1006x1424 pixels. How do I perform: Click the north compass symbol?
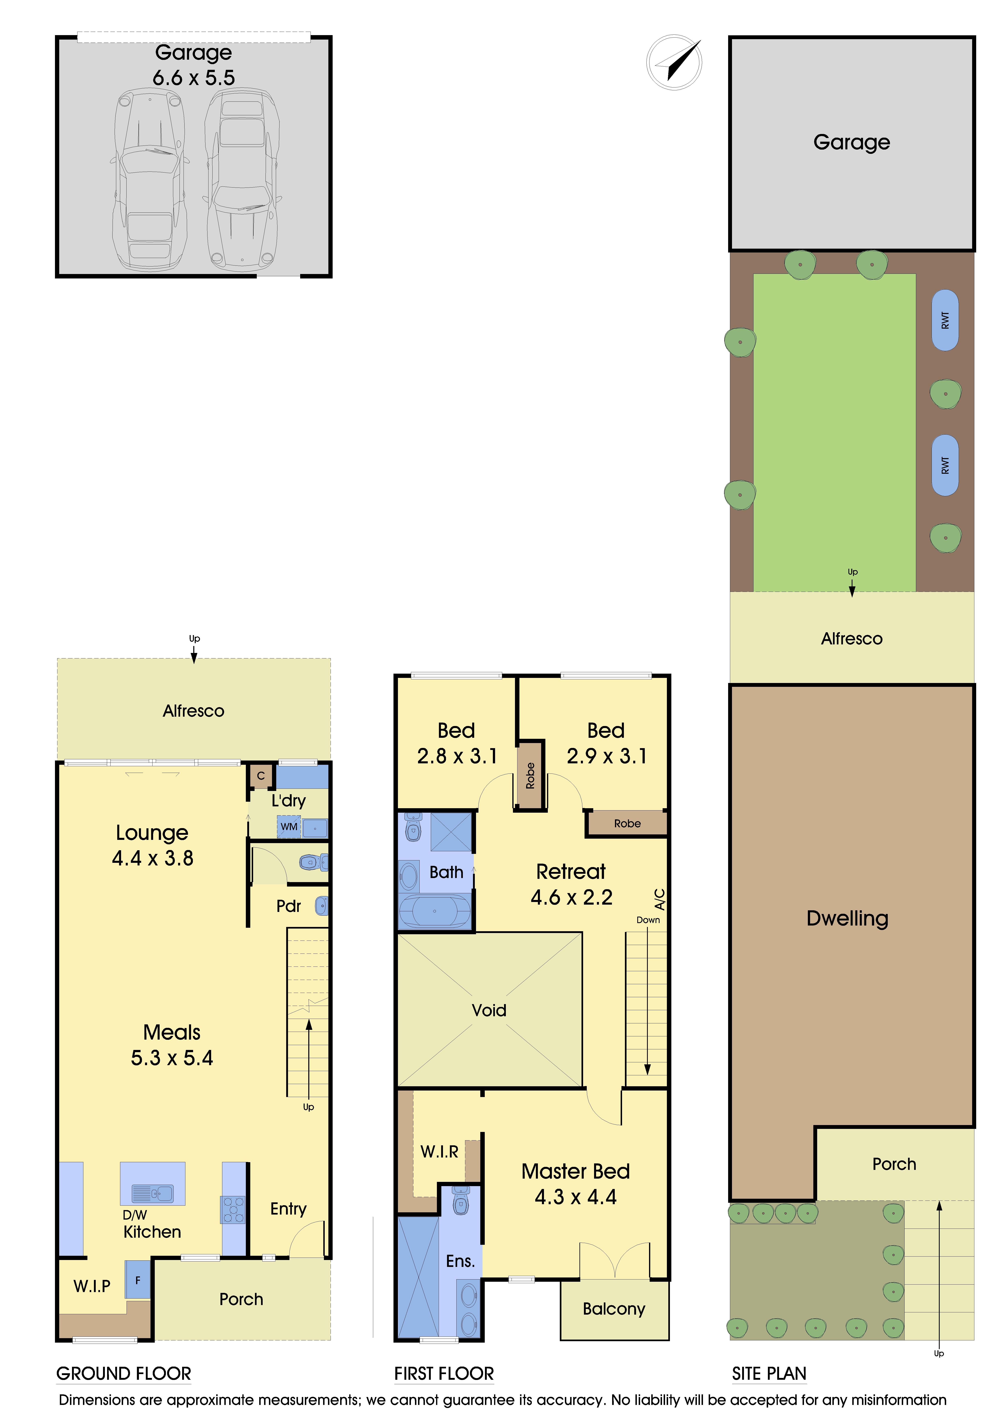pyautogui.click(x=674, y=62)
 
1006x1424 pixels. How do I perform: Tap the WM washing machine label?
pyautogui.click(x=289, y=827)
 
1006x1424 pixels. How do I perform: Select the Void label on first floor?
pyautogui.click(x=489, y=1010)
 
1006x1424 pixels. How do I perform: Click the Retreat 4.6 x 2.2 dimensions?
pyautogui.click(x=572, y=898)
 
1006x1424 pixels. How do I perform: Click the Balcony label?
pyautogui.click(x=614, y=1309)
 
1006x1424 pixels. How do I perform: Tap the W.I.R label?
pyautogui.click(x=440, y=1152)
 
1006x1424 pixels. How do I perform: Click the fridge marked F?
pyautogui.click(x=138, y=1279)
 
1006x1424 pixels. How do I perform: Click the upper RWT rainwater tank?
pyautogui.click(x=945, y=320)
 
